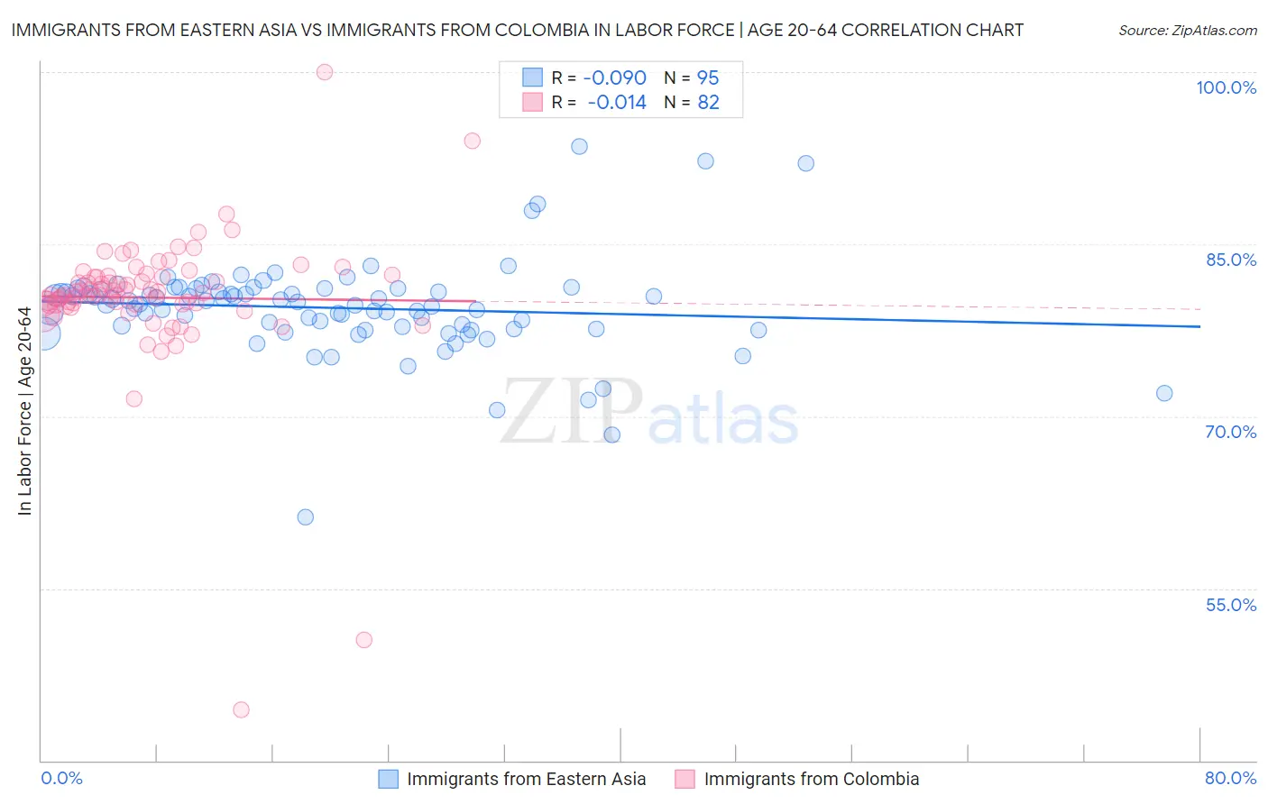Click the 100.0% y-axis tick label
coord(1226,87)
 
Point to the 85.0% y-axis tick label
coord(1230,260)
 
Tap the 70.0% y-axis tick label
coord(1230,432)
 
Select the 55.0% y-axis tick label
coord(1230,605)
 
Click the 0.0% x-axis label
coord(61,778)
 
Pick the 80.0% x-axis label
coord(1230,778)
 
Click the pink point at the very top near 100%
coord(325,72)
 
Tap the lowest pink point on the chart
coord(241,710)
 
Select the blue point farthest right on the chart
coord(1164,393)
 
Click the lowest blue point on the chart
coord(306,517)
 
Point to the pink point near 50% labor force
coord(364,640)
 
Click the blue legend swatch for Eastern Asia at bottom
coord(388,779)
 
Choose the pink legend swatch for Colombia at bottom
coord(685,779)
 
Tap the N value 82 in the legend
coord(708,103)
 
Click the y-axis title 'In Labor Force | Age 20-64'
coord(24,411)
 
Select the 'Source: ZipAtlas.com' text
coord(1187,31)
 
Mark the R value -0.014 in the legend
coord(617,103)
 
